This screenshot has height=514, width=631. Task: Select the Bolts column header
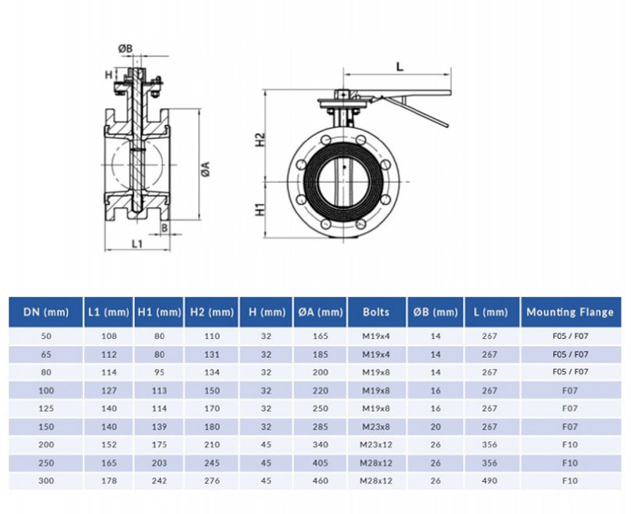point(376,312)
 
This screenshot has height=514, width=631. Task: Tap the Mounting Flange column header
point(569,312)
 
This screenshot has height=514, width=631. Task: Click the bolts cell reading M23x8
point(376,426)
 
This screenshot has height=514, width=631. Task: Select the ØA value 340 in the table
point(321,444)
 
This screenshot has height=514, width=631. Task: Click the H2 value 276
point(211,481)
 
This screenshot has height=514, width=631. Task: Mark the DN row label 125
point(46,408)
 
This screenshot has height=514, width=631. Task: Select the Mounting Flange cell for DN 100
point(569,390)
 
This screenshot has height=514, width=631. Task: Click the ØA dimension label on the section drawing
point(206,168)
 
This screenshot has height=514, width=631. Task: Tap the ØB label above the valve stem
point(125,48)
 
